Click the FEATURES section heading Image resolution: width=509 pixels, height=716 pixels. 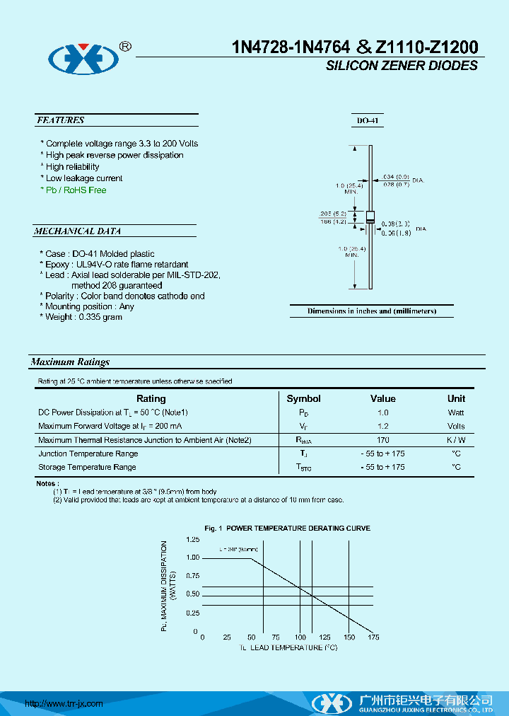coord(61,120)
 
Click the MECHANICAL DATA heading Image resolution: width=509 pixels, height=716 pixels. coord(78,231)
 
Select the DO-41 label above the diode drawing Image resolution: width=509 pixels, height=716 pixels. coord(368,121)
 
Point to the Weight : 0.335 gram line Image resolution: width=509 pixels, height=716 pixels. coord(81,317)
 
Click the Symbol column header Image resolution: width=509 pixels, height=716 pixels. coord(303,398)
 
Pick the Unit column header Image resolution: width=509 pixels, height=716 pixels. coord(456,398)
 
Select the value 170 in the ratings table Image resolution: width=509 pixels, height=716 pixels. coord(382,440)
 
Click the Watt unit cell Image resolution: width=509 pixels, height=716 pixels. coord(456,412)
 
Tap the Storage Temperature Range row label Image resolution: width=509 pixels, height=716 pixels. coord(87,467)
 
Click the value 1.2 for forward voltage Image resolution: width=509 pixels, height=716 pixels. coord(382,426)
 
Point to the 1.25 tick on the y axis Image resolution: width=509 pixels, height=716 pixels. coord(192,540)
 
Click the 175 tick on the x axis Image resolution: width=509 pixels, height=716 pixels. coord(373,637)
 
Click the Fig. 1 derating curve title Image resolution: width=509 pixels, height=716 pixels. coord(287,529)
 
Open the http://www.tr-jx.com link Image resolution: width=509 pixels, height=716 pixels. coord(64,703)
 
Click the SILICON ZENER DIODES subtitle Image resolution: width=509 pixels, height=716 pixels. coord(402,66)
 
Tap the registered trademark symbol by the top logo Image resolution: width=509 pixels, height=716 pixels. coord(125,46)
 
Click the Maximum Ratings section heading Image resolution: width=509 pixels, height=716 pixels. coord(70,362)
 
